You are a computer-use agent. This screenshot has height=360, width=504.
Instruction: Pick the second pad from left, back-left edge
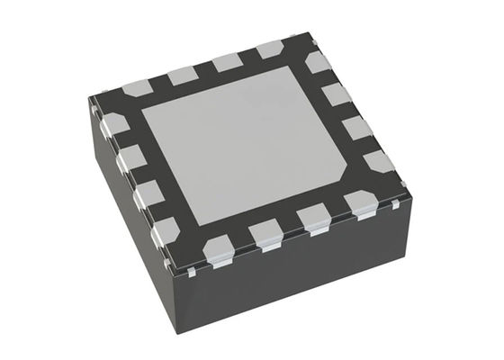click(x=183, y=74)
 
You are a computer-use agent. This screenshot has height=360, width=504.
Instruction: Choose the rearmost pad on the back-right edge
click(x=318, y=62)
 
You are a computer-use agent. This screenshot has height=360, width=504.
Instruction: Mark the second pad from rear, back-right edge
click(x=336, y=94)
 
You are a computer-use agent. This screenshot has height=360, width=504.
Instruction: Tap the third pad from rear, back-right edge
click(x=356, y=127)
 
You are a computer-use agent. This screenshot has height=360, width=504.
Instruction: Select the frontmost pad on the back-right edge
click(x=380, y=162)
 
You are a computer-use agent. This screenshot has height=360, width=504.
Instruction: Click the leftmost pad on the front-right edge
click(x=220, y=247)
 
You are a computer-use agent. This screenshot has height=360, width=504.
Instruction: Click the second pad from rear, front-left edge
click(x=131, y=159)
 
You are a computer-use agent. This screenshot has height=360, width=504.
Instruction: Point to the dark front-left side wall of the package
click(x=135, y=225)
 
